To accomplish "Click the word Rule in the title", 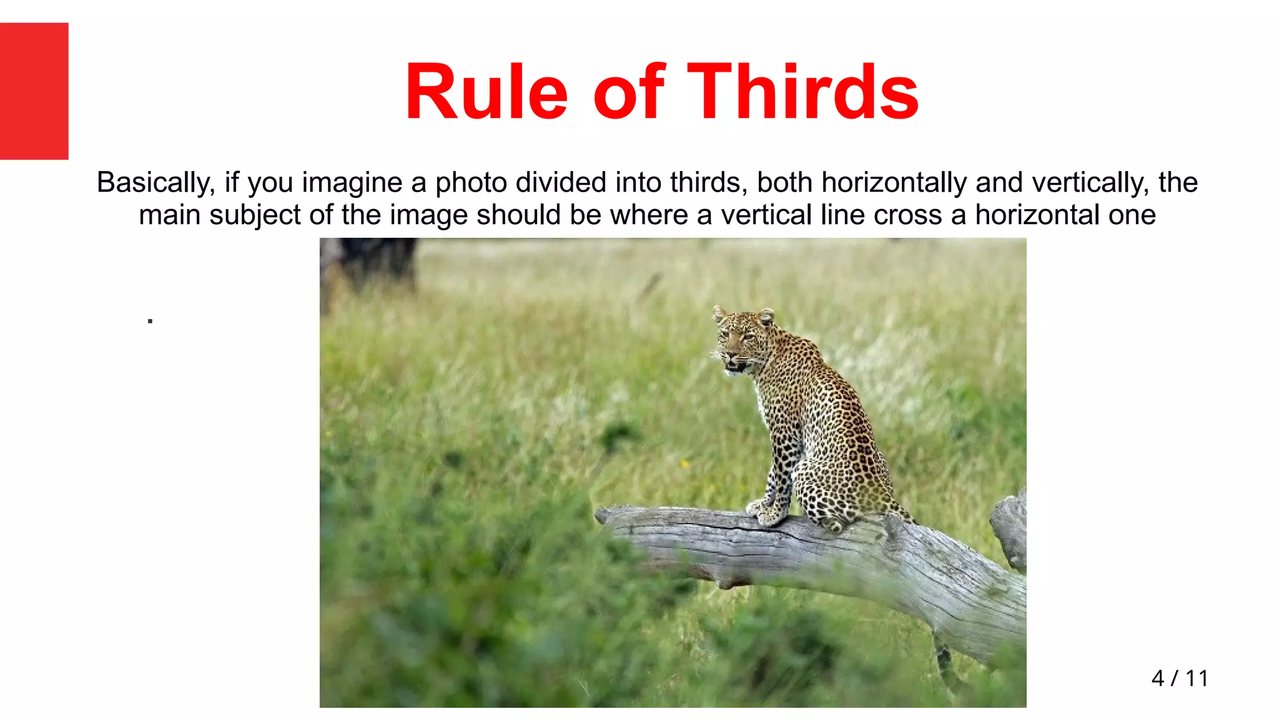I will (486, 92).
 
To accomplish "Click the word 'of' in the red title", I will (628, 92).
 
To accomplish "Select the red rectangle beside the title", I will (34, 91).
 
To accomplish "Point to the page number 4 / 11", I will (1180, 678).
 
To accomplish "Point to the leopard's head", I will (742, 340).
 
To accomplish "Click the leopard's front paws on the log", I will (766, 512).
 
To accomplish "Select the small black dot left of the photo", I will (150, 321).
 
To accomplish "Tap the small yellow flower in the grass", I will (684, 464).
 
